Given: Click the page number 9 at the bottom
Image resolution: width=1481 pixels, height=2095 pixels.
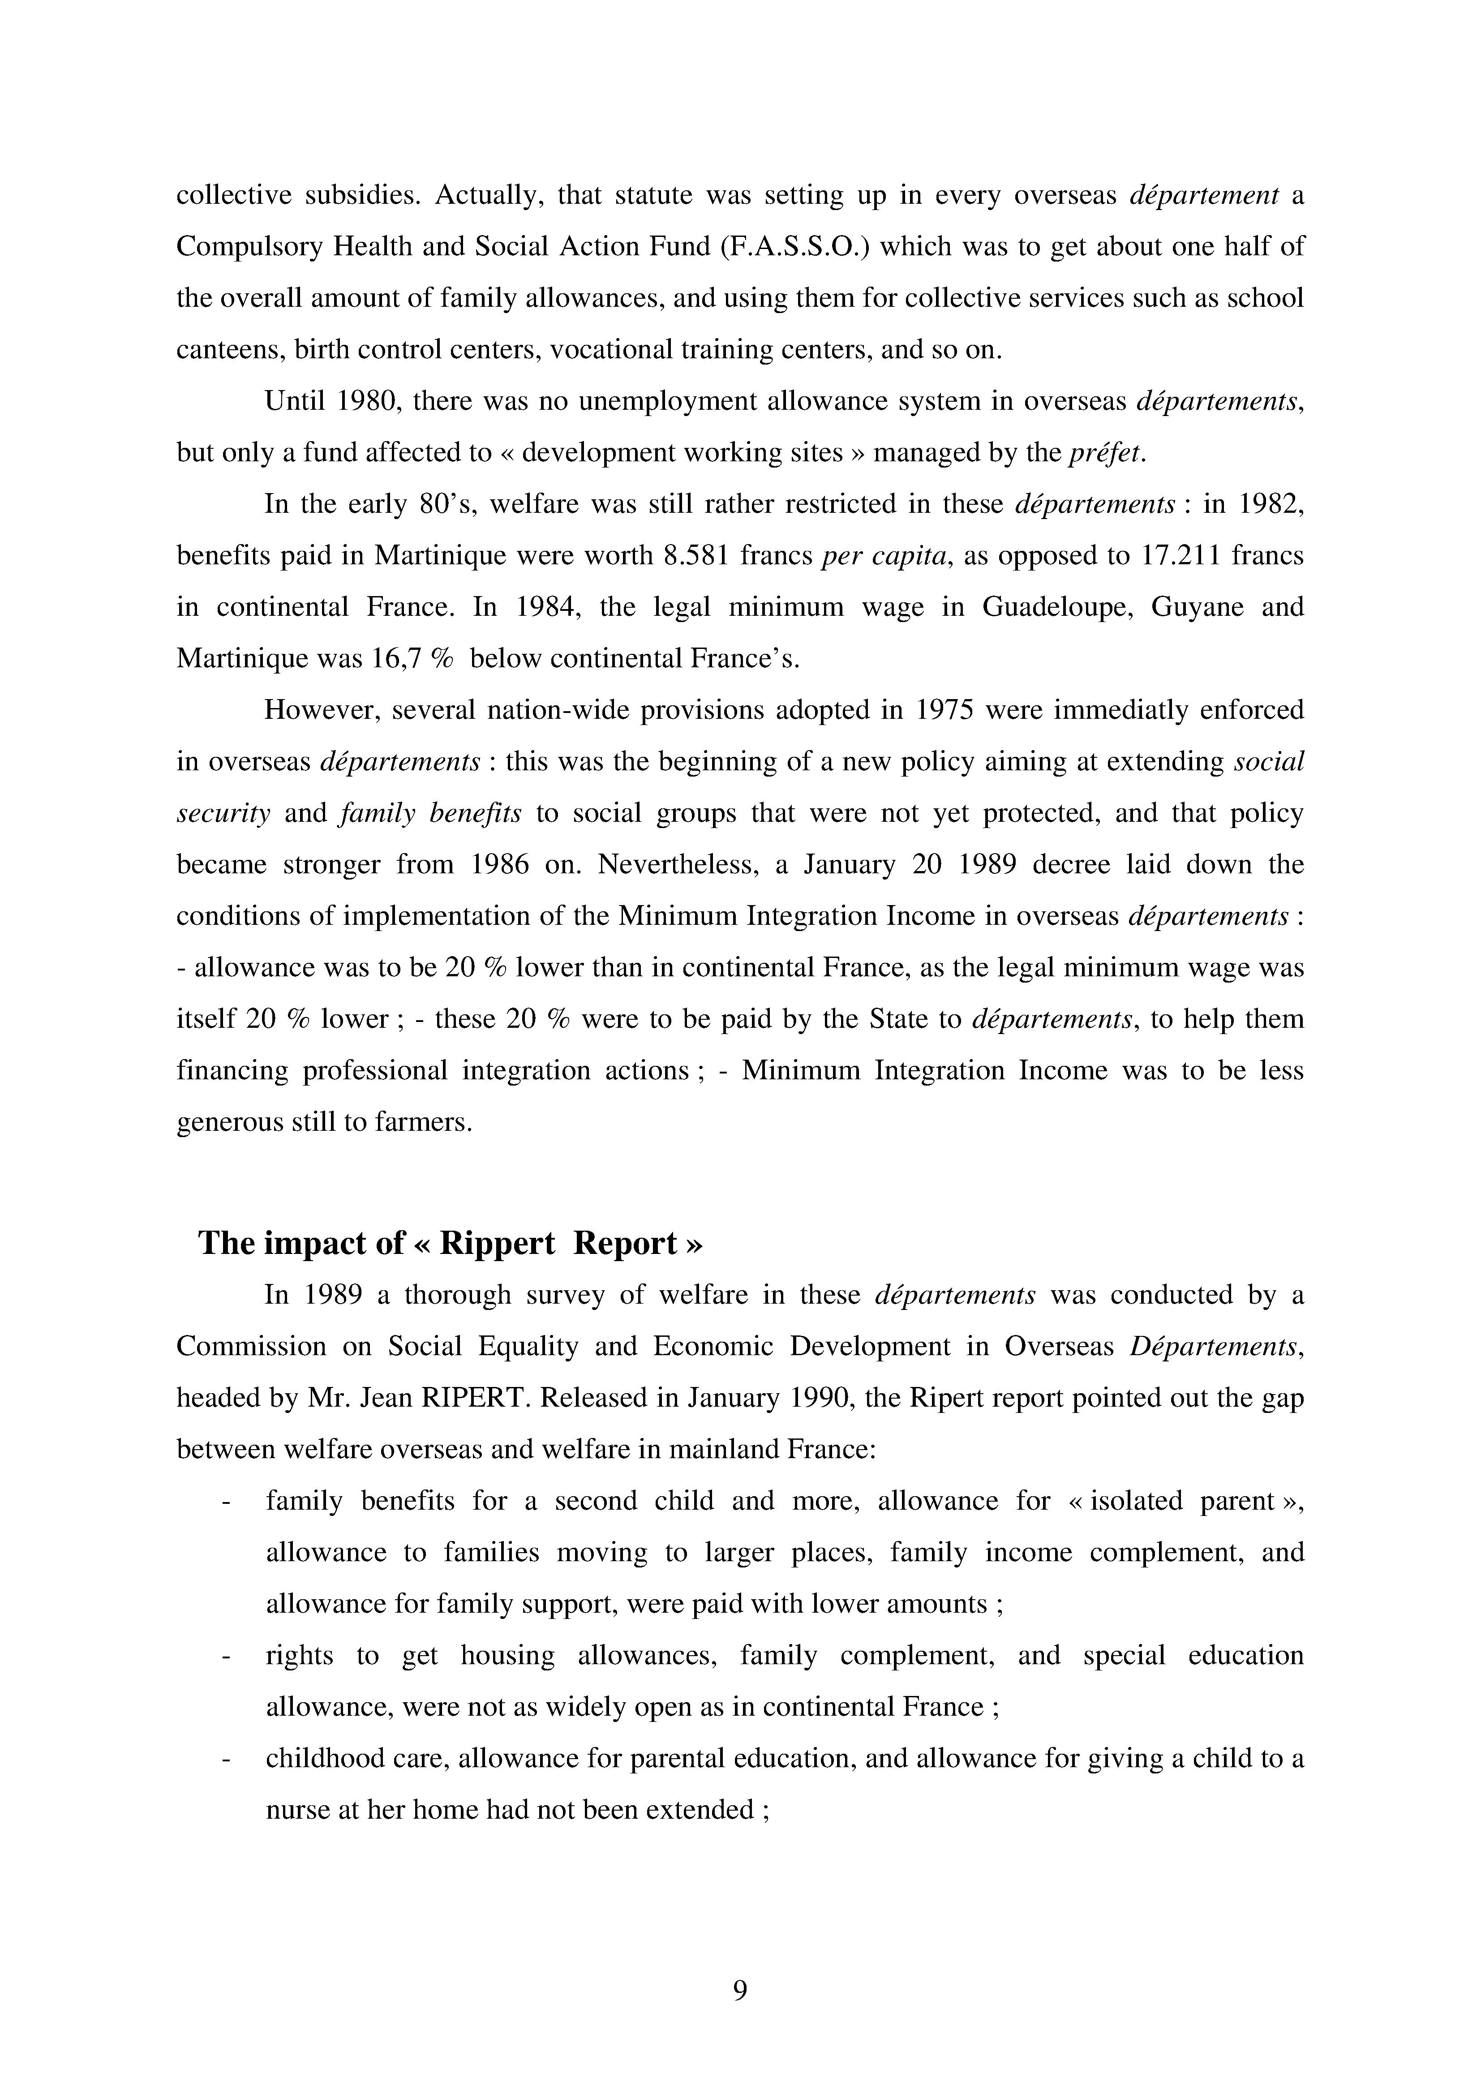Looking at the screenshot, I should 740,1990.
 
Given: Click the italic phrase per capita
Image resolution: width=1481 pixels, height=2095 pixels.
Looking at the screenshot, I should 882,556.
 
